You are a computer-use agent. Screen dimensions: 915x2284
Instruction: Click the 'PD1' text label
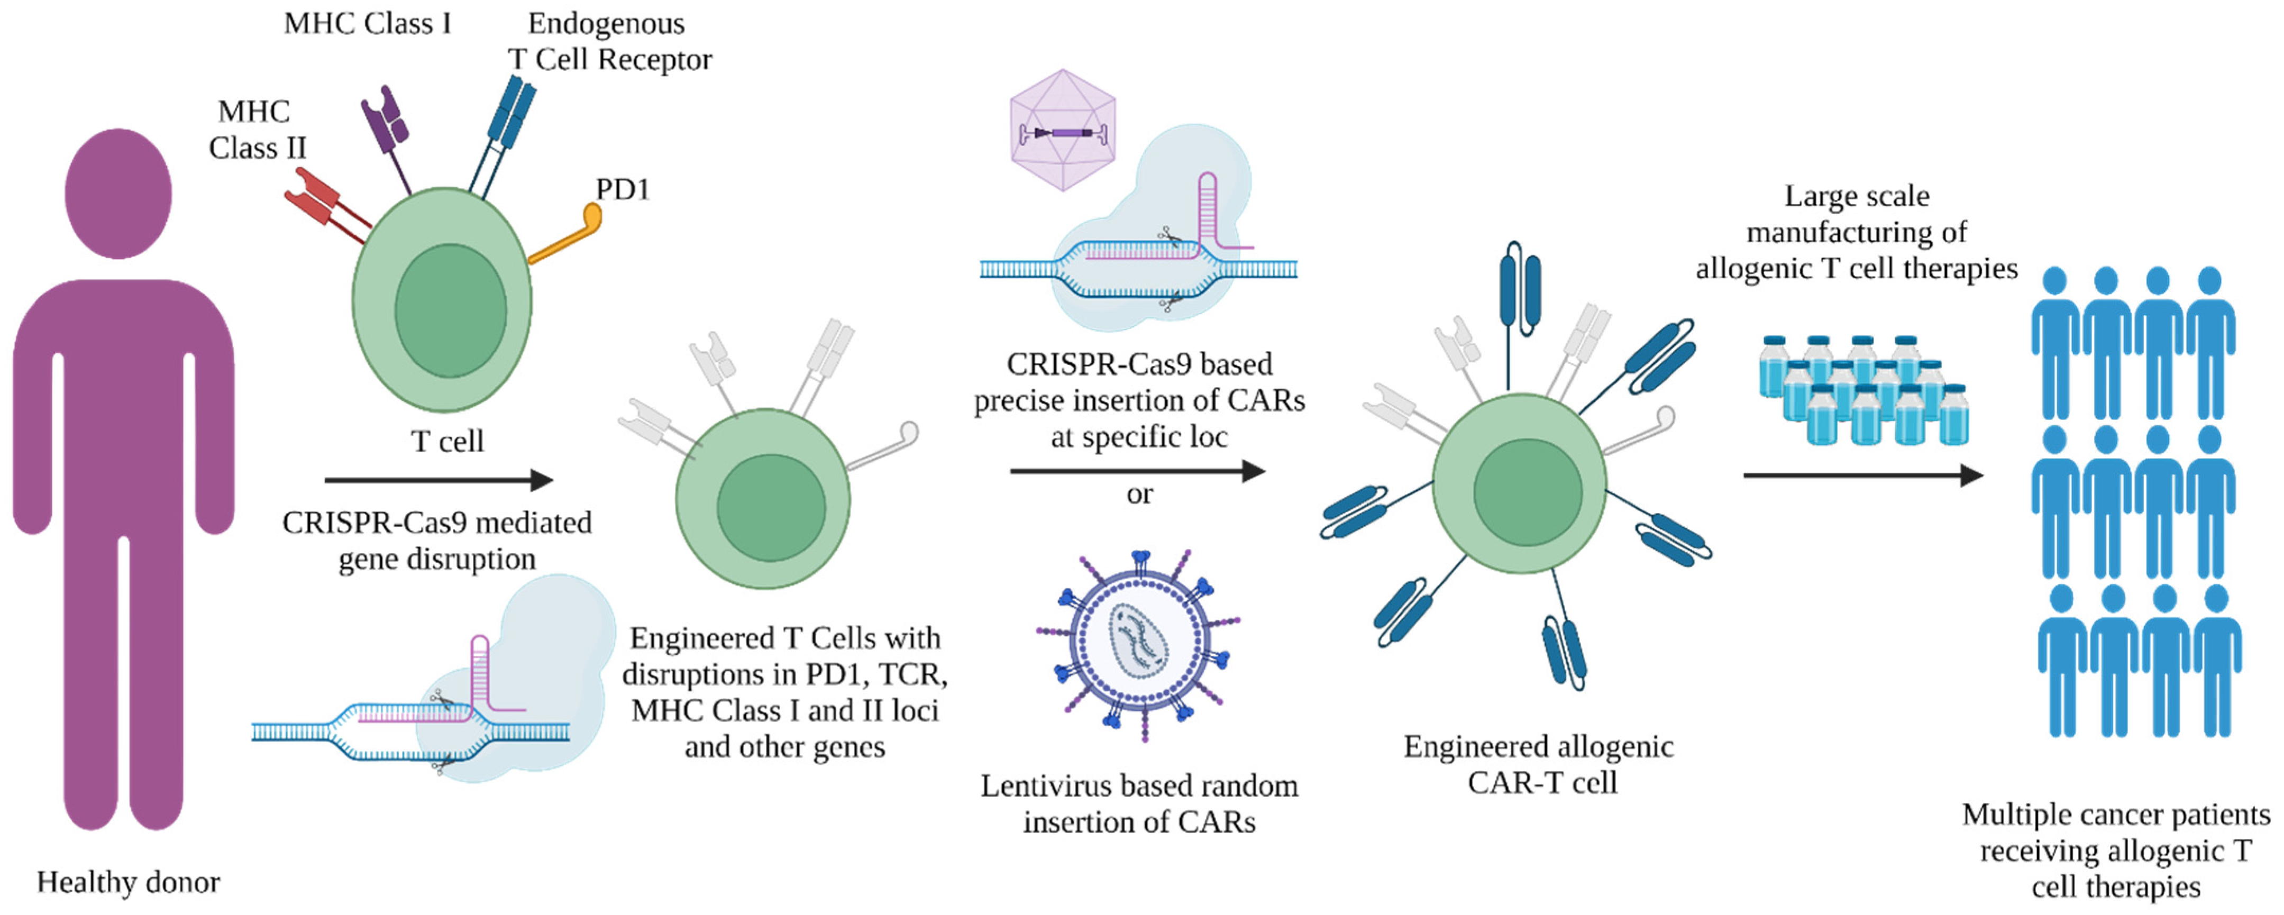tap(623, 189)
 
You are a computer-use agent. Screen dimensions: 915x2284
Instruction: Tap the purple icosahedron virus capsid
tap(1062, 130)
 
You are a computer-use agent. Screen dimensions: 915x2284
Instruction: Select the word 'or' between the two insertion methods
tap(1139, 494)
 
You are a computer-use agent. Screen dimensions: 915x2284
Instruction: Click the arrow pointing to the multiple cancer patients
tap(1862, 475)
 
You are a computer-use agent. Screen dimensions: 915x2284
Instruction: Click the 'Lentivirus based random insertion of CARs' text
tap(1139, 803)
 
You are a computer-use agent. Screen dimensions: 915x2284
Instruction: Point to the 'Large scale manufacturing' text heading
tap(1857, 232)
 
